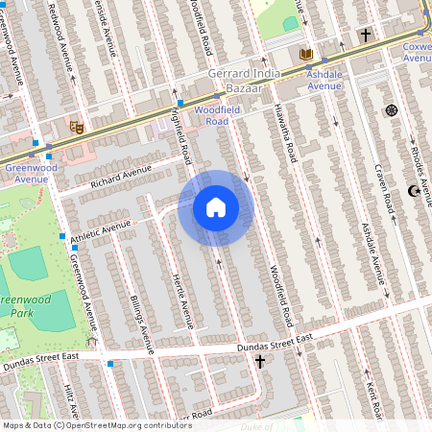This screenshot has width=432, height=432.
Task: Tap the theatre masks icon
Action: pyautogui.click(x=77, y=126)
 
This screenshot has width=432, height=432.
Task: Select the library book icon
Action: pyautogui.click(x=306, y=55)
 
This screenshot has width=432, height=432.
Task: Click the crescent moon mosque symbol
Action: pyautogui.click(x=414, y=191)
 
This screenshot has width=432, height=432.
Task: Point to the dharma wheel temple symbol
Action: pyautogui.click(x=391, y=110)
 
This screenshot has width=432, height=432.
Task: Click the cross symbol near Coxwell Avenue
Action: pyautogui.click(x=365, y=36)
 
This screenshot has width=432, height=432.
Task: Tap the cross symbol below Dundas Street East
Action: pyautogui.click(x=259, y=362)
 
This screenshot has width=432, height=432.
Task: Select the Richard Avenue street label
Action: pyautogui.click(x=122, y=177)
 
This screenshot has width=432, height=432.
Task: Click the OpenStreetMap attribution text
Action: pyautogui.click(x=97, y=424)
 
